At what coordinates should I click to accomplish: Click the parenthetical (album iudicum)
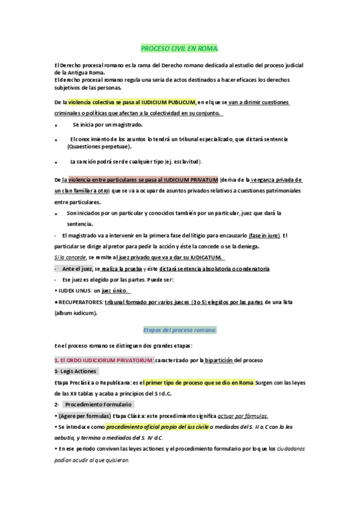click(x=76, y=313)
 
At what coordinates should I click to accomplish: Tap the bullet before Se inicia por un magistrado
click(x=56, y=126)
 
